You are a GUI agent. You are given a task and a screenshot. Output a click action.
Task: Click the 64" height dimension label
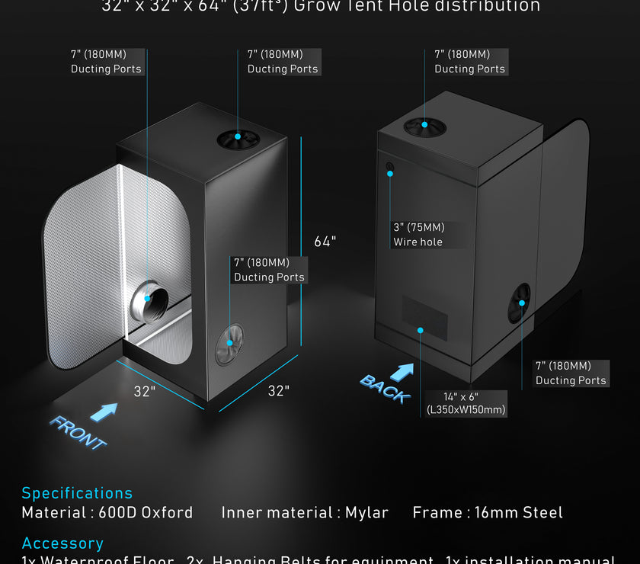point(325,242)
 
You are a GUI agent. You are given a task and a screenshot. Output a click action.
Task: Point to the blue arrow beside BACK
point(402,371)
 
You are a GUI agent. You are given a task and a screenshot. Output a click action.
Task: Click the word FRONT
point(78,432)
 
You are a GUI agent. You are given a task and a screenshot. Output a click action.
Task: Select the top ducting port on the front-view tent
point(238,139)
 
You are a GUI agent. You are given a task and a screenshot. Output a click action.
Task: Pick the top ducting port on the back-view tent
point(424,127)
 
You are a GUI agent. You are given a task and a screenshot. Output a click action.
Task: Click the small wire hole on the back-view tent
point(390,167)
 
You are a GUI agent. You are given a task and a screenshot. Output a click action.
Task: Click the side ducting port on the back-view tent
point(520,303)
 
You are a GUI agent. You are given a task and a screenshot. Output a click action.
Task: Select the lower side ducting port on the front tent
point(229,344)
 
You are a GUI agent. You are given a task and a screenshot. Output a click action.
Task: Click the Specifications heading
point(77,493)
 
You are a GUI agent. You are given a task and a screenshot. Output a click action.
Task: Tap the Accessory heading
point(62,543)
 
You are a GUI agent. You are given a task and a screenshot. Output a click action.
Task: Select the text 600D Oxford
point(146,513)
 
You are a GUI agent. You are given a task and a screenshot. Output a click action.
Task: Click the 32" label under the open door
point(145,392)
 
